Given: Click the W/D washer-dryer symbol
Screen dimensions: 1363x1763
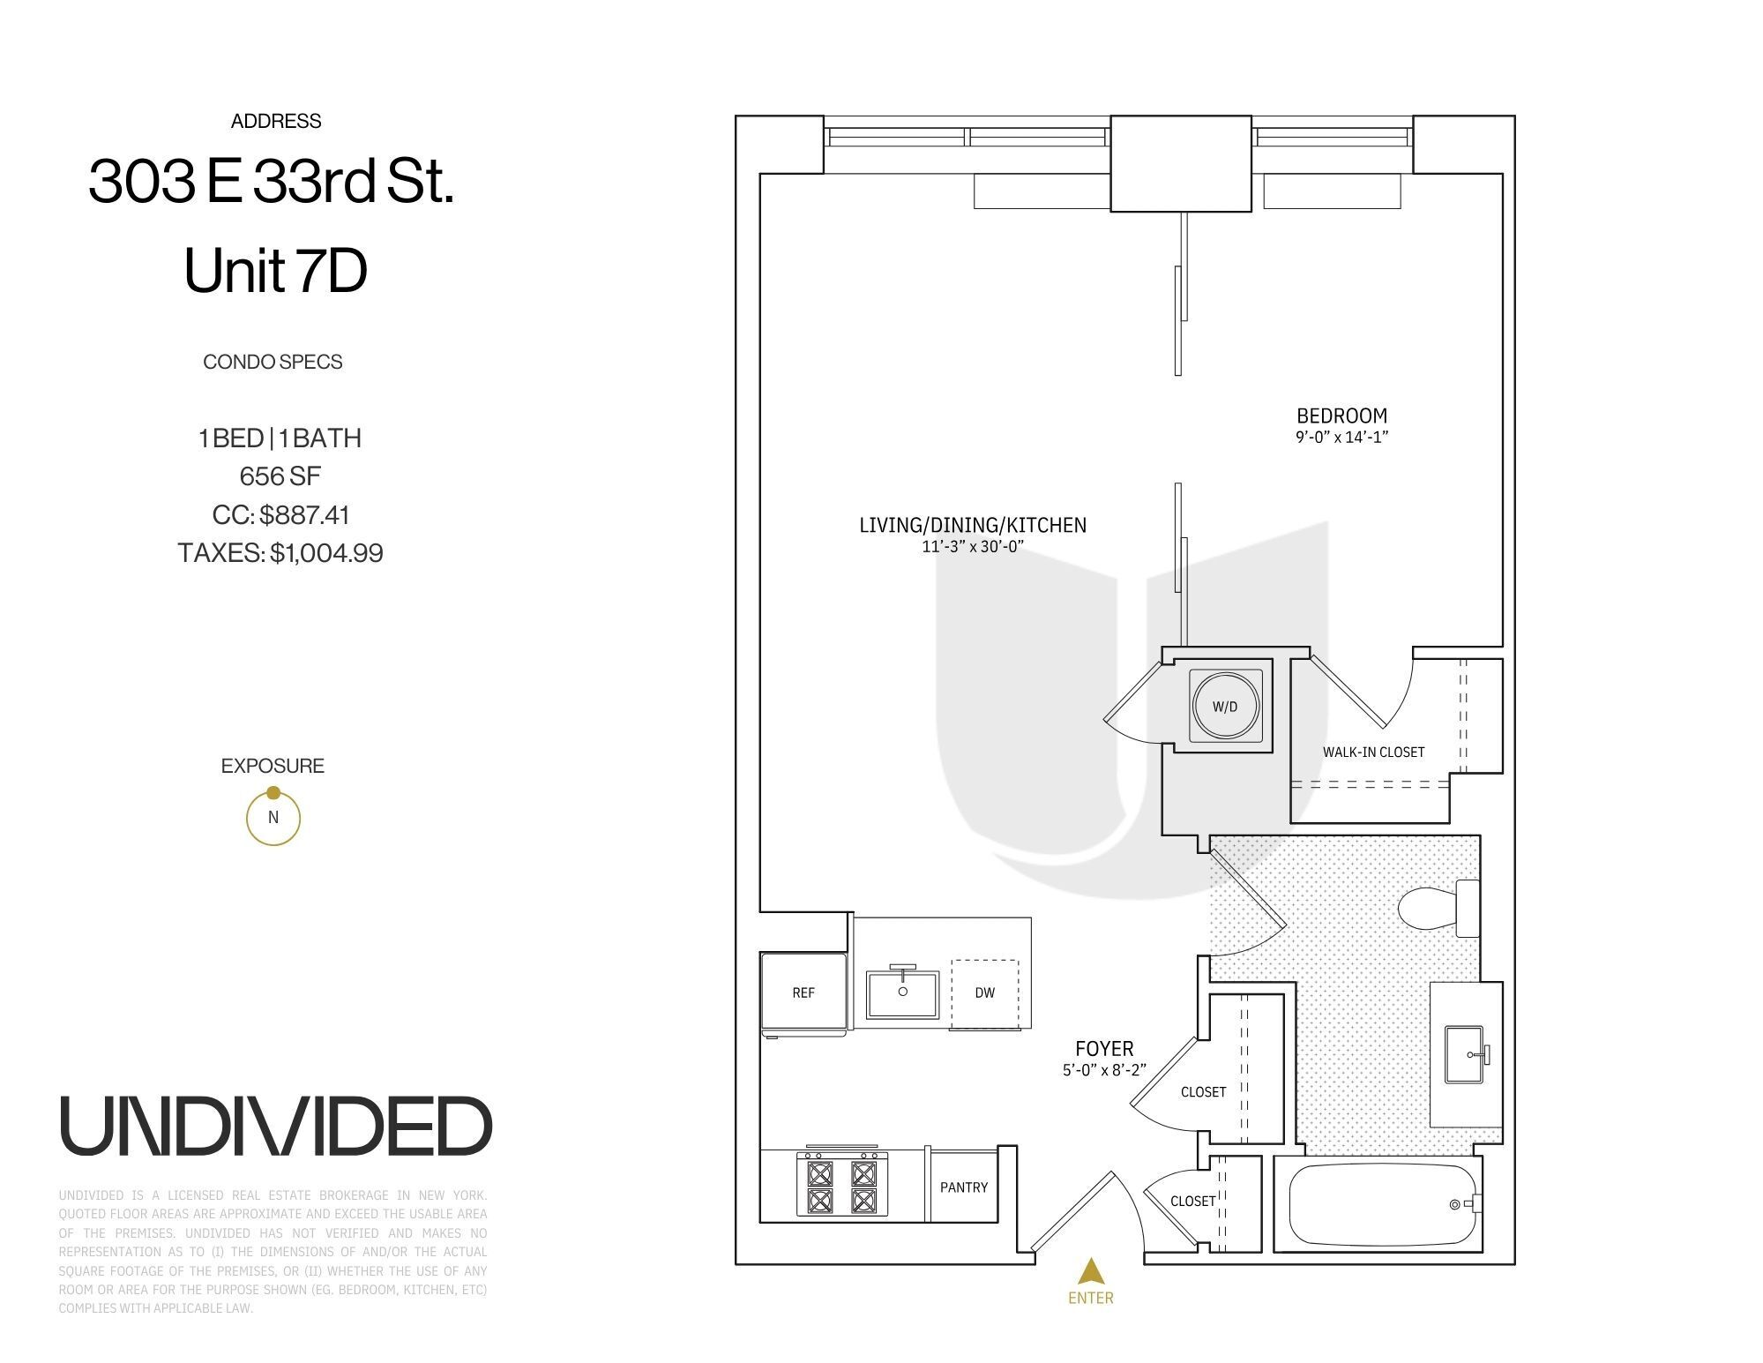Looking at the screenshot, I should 1225,707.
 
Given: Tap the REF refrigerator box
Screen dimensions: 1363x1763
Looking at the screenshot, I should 803,992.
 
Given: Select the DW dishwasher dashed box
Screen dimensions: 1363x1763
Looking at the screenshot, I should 985,993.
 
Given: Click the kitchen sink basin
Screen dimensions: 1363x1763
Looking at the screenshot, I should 903,994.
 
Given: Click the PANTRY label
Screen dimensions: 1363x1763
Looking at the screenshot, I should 964,1187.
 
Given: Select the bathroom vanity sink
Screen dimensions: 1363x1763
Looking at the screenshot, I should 1466,1054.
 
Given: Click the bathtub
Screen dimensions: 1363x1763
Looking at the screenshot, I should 1380,1204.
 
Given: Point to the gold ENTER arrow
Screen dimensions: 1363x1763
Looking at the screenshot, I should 1092,1271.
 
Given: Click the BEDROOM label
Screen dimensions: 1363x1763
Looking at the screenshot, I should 1341,416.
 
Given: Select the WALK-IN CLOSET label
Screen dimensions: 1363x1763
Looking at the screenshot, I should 1373,753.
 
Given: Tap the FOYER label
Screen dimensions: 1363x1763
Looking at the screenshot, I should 1104,1049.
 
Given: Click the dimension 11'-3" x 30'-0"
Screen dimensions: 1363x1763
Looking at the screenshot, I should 971,547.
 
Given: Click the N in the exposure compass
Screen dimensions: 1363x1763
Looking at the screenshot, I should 273,818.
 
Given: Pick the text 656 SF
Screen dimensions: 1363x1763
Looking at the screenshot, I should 280,476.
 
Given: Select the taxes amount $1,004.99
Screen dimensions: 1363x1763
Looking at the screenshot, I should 326,553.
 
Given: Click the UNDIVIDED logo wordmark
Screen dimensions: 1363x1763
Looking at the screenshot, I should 275,1127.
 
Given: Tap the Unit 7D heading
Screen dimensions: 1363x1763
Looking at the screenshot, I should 275,271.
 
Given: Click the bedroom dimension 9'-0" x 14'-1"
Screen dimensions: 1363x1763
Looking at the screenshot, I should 1341,437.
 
